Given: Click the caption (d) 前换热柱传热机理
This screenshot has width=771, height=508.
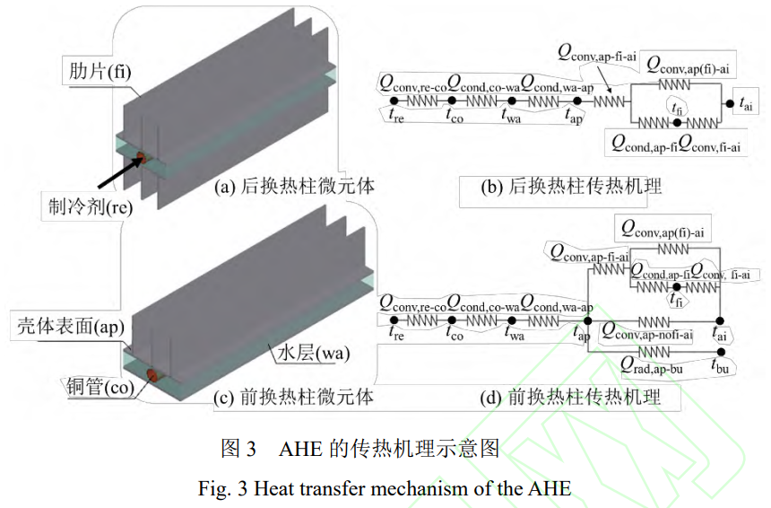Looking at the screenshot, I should click(x=571, y=396).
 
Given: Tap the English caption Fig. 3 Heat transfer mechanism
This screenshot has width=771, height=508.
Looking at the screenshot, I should click(x=384, y=489).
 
